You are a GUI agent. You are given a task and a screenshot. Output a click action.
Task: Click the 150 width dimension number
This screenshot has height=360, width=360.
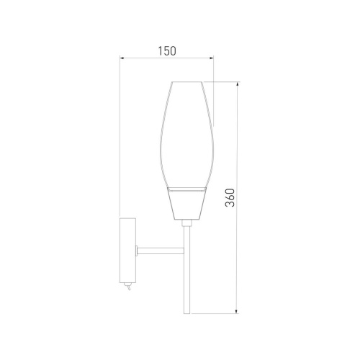(x=166, y=51)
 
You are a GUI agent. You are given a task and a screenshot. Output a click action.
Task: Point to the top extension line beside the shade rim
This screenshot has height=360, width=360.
(x=223, y=81)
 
